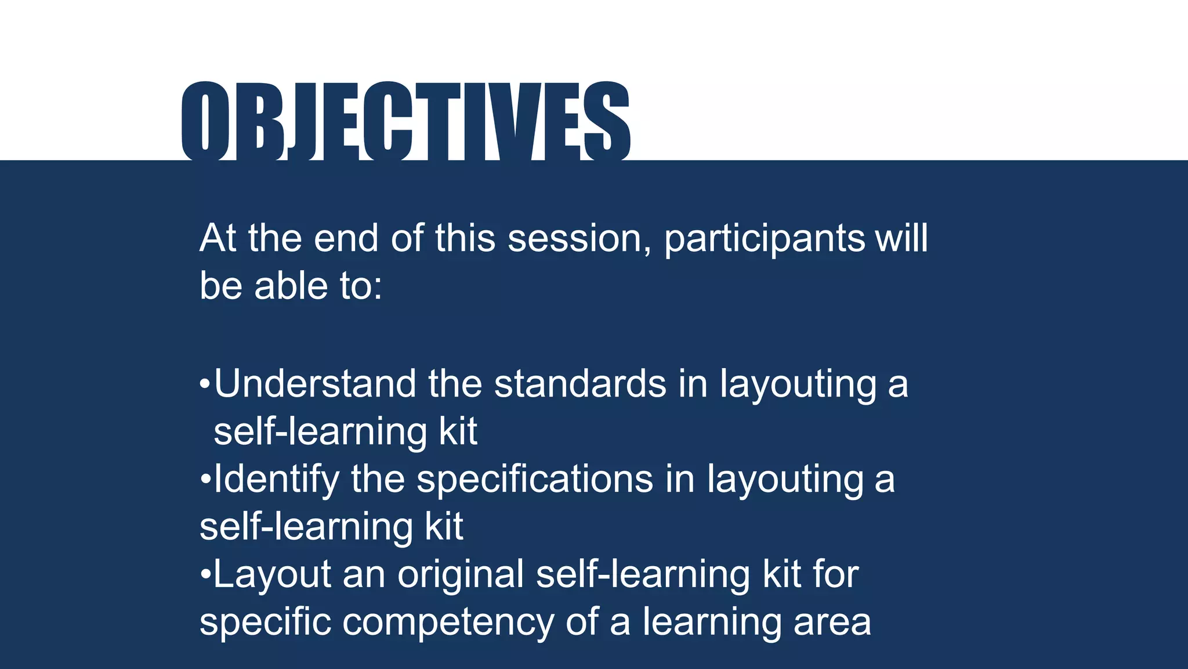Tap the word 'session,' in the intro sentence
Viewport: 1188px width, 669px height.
579,239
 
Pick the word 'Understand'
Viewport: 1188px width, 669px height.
315,384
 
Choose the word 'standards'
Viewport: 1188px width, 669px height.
580,384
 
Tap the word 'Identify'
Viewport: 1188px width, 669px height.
276,480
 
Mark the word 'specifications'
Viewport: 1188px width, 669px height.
535,480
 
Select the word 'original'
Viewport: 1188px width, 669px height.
461,575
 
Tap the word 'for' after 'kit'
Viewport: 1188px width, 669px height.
835,574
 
